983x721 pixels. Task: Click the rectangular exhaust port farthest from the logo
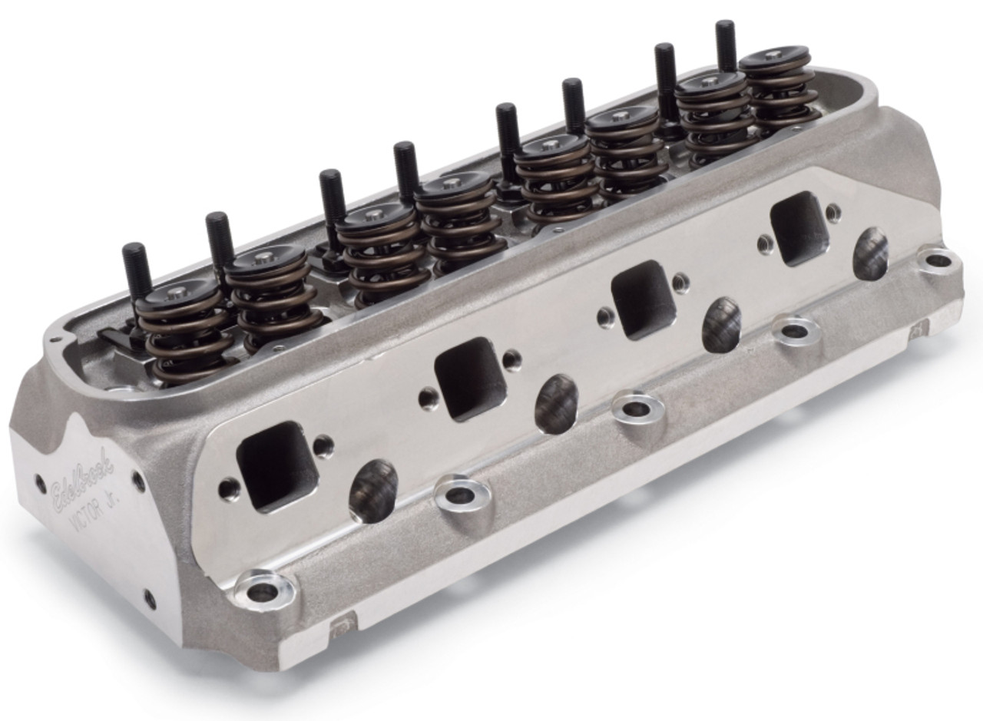pyautogui.click(x=799, y=228)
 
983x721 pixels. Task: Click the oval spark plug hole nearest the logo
pyautogui.click(x=373, y=491)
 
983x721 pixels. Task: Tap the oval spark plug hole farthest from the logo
pyautogui.click(x=870, y=254)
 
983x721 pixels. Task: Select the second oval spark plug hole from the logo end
pyautogui.click(x=556, y=403)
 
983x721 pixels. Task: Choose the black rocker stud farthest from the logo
pyautogui.click(x=725, y=46)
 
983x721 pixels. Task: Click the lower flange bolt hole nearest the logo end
pyautogui.click(x=264, y=590)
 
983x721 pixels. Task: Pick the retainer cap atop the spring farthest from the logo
pyautogui.click(x=774, y=58)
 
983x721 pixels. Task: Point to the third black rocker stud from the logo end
pyautogui.click(x=331, y=200)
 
